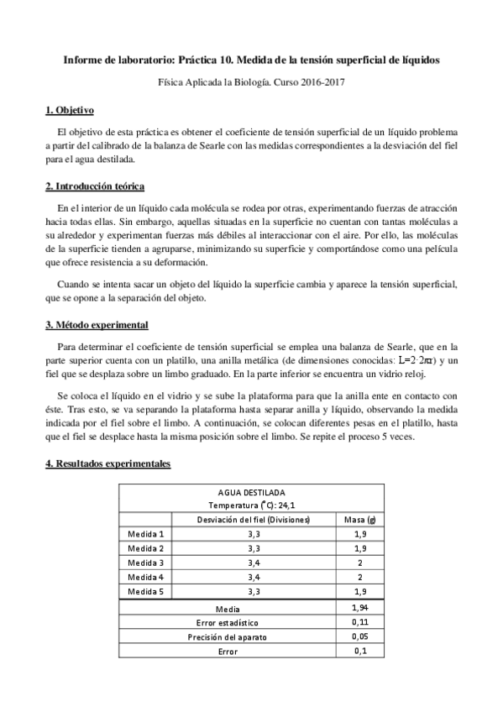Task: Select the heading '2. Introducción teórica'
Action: tap(98, 185)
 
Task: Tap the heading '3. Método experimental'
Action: tap(97, 324)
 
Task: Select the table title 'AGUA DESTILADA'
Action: tap(250, 492)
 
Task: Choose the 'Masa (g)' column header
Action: tap(359, 519)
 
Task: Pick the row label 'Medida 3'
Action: tap(146, 562)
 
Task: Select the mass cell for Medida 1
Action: tap(359, 533)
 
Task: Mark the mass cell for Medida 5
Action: tap(359, 590)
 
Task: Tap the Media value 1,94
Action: tap(359, 606)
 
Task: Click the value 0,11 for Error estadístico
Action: tap(359, 622)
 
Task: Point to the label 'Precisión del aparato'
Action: tap(227, 636)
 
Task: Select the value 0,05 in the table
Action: tap(359, 636)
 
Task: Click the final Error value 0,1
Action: tap(359, 651)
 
